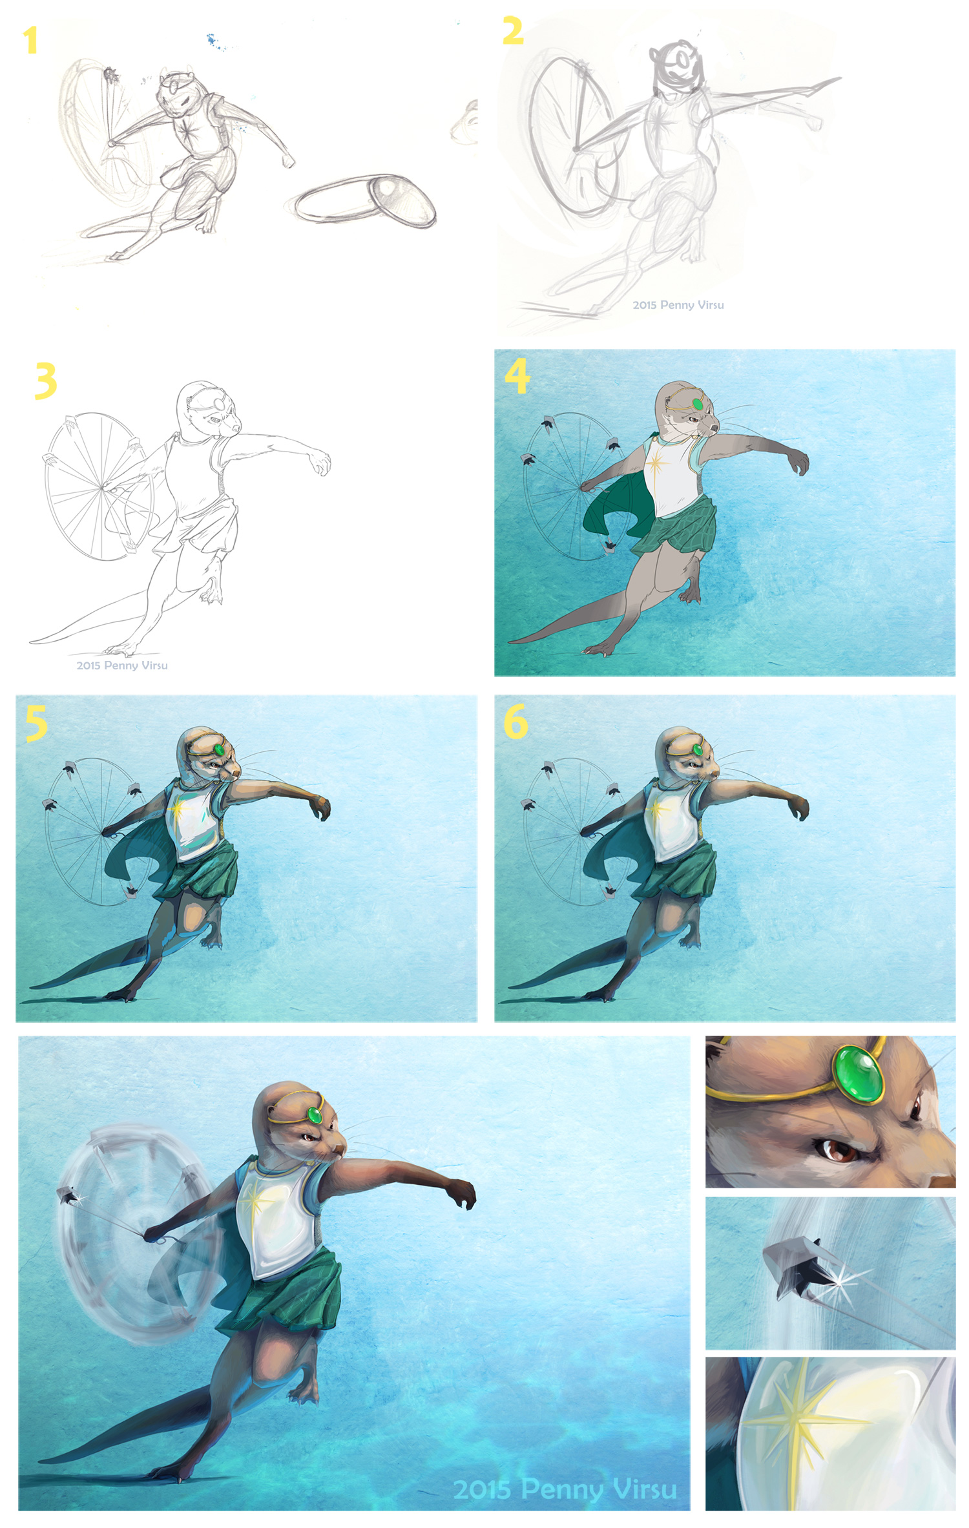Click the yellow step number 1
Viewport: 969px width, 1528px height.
(30, 40)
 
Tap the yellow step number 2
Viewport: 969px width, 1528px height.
(513, 30)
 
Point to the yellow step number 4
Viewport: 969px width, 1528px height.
(517, 376)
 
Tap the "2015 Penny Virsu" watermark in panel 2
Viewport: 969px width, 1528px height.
(678, 305)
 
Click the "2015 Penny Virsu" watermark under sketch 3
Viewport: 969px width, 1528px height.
(122, 665)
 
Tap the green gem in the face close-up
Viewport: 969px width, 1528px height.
(859, 1074)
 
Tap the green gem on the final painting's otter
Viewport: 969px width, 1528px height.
(315, 1115)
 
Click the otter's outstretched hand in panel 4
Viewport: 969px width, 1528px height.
(798, 461)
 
